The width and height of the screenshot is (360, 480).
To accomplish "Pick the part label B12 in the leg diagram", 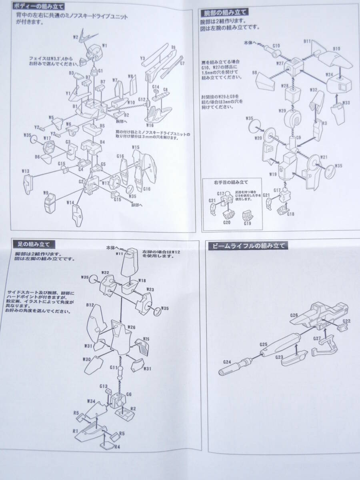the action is [90, 305].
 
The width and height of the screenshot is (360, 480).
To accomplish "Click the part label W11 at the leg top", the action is [119, 253].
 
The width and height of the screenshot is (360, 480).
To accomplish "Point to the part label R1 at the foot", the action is [75, 430].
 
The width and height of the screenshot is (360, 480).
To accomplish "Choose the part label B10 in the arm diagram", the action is [336, 49].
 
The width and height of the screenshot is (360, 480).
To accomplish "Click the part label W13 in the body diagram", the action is [26, 172].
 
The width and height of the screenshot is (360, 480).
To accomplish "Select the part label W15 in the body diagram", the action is [136, 148].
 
